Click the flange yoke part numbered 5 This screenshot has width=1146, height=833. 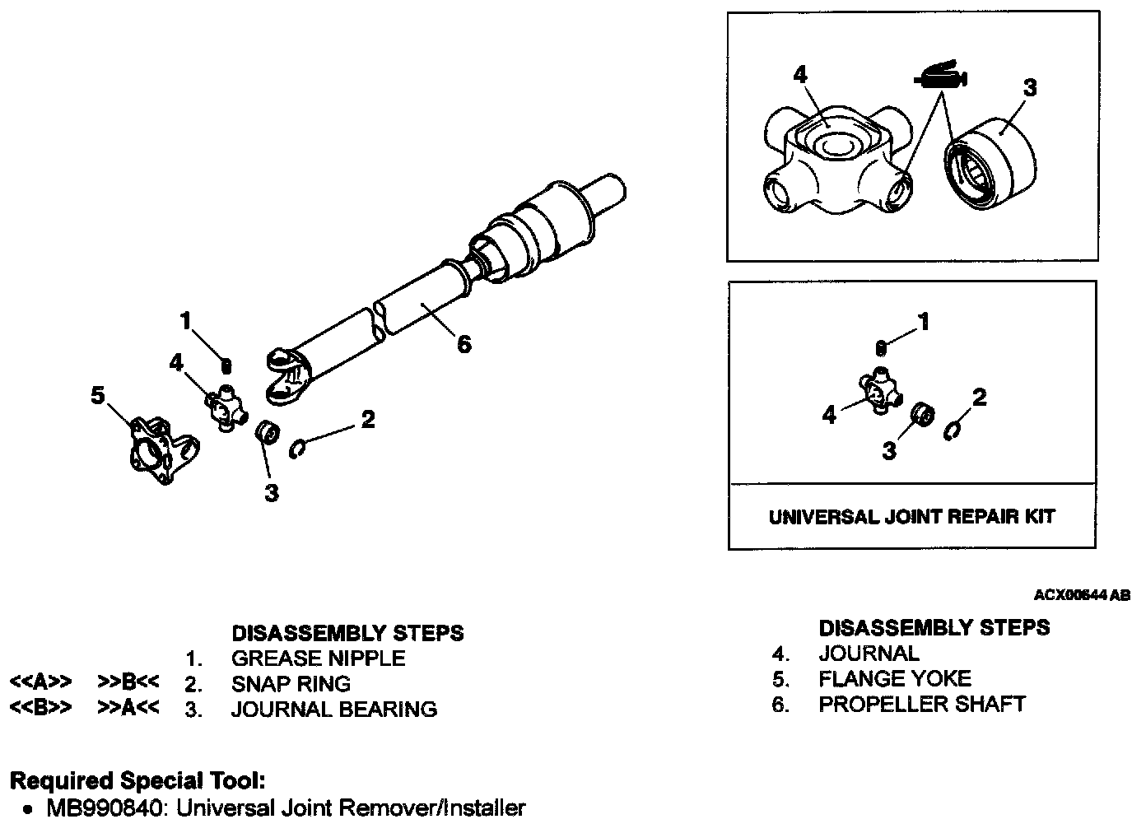(x=161, y=451)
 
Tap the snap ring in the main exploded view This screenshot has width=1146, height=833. (x=299, y=449)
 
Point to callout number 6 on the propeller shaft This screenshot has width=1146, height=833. (x=464, y=344)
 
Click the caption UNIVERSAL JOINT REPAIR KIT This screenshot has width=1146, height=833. (x=911, y=517)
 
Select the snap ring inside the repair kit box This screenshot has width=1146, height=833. (x=952, y=430)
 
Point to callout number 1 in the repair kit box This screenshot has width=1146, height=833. (x=924, y=322)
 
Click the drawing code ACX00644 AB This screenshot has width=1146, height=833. (x=1082, y=595)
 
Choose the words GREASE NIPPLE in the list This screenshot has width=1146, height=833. (x=318, y=658)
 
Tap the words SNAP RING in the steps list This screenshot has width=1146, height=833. (x=291, y=684)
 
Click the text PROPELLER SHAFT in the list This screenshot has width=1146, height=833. (x=921, y=705)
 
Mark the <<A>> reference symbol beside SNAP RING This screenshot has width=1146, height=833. (x=40, y=682)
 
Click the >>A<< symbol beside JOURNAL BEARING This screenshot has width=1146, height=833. (x=128, y=708)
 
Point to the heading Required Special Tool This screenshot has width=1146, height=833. (x=137, y=780)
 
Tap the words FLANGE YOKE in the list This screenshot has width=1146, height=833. (x=894, y=679)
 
